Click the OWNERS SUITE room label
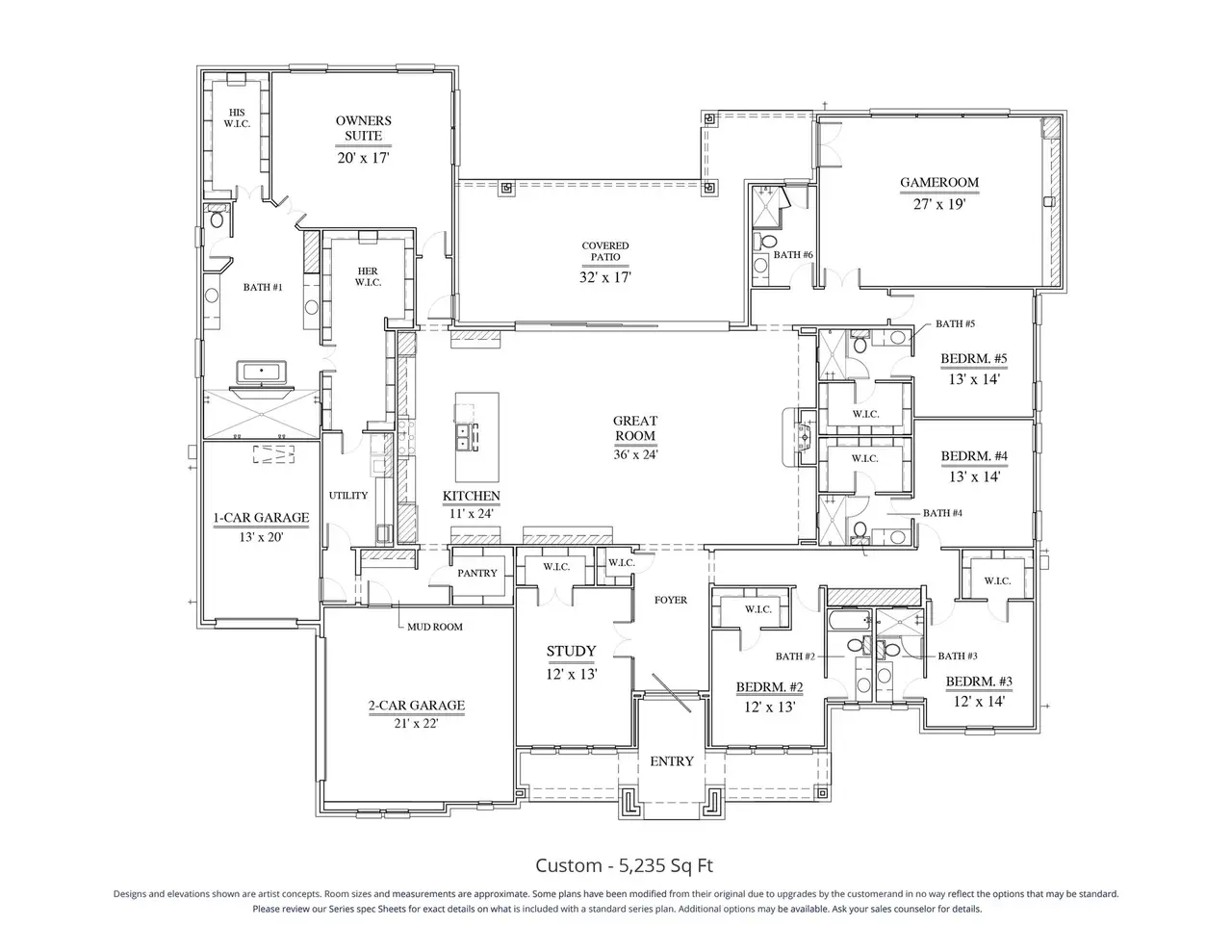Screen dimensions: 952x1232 point(363,128)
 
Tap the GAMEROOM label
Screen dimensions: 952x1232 point(938,182)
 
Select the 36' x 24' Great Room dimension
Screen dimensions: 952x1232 point(635,454)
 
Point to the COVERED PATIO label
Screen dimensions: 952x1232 point(604,252)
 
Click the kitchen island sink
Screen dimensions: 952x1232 point(469,437)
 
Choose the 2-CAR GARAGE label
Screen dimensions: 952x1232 point(416,706)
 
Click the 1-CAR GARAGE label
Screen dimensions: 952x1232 point(261,518)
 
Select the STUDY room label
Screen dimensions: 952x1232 point(571,652)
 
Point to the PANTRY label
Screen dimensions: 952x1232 point(477,573)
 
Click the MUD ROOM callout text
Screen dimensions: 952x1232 point(434,627)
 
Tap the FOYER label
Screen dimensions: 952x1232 point(671,600)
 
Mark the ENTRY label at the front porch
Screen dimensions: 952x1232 point(671,761)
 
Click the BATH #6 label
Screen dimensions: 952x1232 point(793,255)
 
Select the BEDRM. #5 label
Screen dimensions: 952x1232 point(973,360)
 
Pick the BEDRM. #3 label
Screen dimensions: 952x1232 point(978,682)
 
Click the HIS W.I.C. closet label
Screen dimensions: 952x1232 point(237,117)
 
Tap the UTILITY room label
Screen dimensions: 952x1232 point(348,496)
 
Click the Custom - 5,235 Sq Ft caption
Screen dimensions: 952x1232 point(624,865)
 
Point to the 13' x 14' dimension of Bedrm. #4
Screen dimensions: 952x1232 point(973,476)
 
